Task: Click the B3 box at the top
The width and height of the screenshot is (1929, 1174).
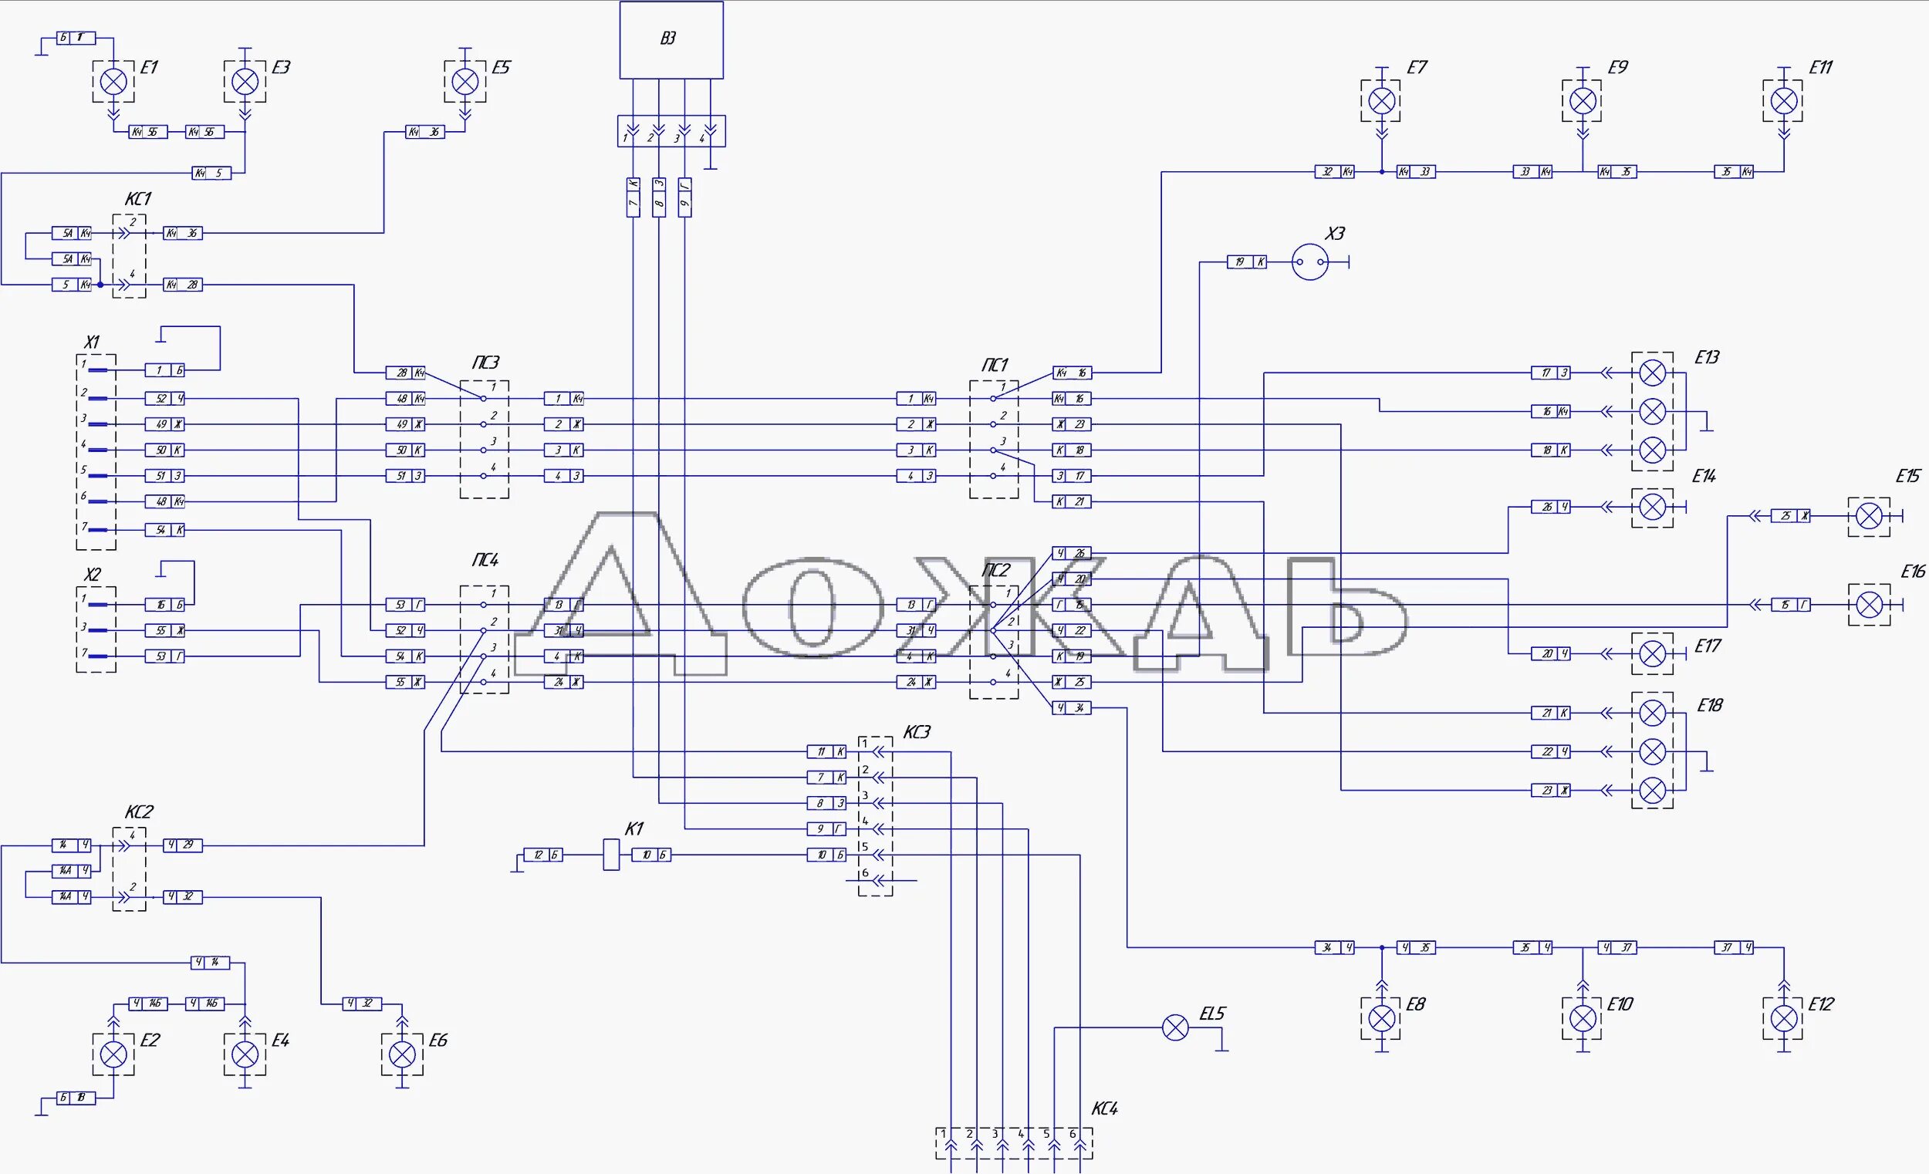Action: pos(671,40)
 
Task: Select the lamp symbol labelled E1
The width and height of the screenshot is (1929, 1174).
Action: pos(114,82)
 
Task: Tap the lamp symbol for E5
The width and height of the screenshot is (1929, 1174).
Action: pos(465,82)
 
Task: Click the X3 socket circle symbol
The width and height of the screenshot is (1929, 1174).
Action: pos(1309,262)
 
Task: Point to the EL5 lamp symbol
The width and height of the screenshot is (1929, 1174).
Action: pos(1175,1027)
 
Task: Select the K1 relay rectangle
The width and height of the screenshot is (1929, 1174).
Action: pos(610,855)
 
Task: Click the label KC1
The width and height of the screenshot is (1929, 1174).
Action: pos(138,200)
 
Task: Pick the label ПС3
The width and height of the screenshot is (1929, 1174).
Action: pos(485,363)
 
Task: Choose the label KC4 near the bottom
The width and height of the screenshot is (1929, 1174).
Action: pos(1104,1108)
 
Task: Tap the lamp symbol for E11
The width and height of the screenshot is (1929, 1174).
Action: pos(1783,101)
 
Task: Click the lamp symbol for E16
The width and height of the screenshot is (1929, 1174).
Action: pos(1870,605)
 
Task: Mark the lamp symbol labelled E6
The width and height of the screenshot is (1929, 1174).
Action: pos(403,1054)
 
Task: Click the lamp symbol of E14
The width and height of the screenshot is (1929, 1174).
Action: pos(1652,508)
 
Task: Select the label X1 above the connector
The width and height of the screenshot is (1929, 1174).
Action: pos(92,342)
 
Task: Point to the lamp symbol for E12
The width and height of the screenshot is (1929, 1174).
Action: pos(1783,1018)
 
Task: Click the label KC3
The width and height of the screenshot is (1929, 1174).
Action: pos(917,733)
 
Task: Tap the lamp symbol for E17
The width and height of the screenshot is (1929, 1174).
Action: pos(1652,653)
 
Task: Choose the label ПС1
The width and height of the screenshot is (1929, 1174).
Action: pos(995,365)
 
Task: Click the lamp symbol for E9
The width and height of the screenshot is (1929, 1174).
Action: pos(1583,101)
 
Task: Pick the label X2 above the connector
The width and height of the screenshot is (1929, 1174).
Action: pos(92,575)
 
